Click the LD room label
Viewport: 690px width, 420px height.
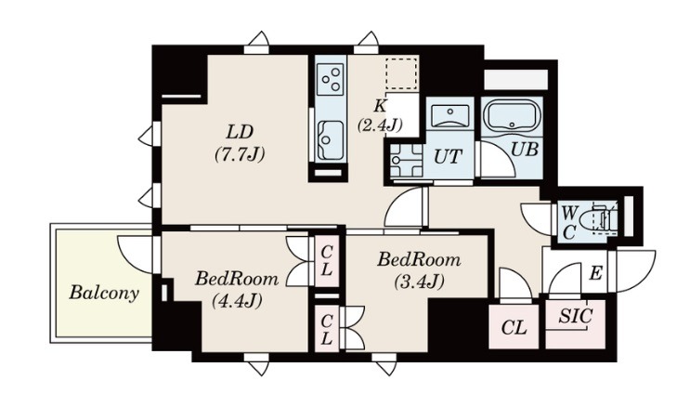241,132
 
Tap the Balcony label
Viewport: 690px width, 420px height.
104,293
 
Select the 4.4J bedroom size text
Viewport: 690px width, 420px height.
237,301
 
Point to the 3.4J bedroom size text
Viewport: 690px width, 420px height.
418,281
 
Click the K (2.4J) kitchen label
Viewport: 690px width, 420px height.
379,116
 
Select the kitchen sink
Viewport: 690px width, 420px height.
330,139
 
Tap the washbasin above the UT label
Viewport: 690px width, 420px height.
449,116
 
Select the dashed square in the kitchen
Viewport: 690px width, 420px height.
401,72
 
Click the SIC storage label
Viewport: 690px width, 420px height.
576,316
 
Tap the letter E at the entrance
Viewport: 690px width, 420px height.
595,273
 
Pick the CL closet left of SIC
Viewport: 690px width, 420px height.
514,327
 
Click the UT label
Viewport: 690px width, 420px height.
448,156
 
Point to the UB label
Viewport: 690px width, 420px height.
525,150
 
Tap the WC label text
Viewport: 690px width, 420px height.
568,223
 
